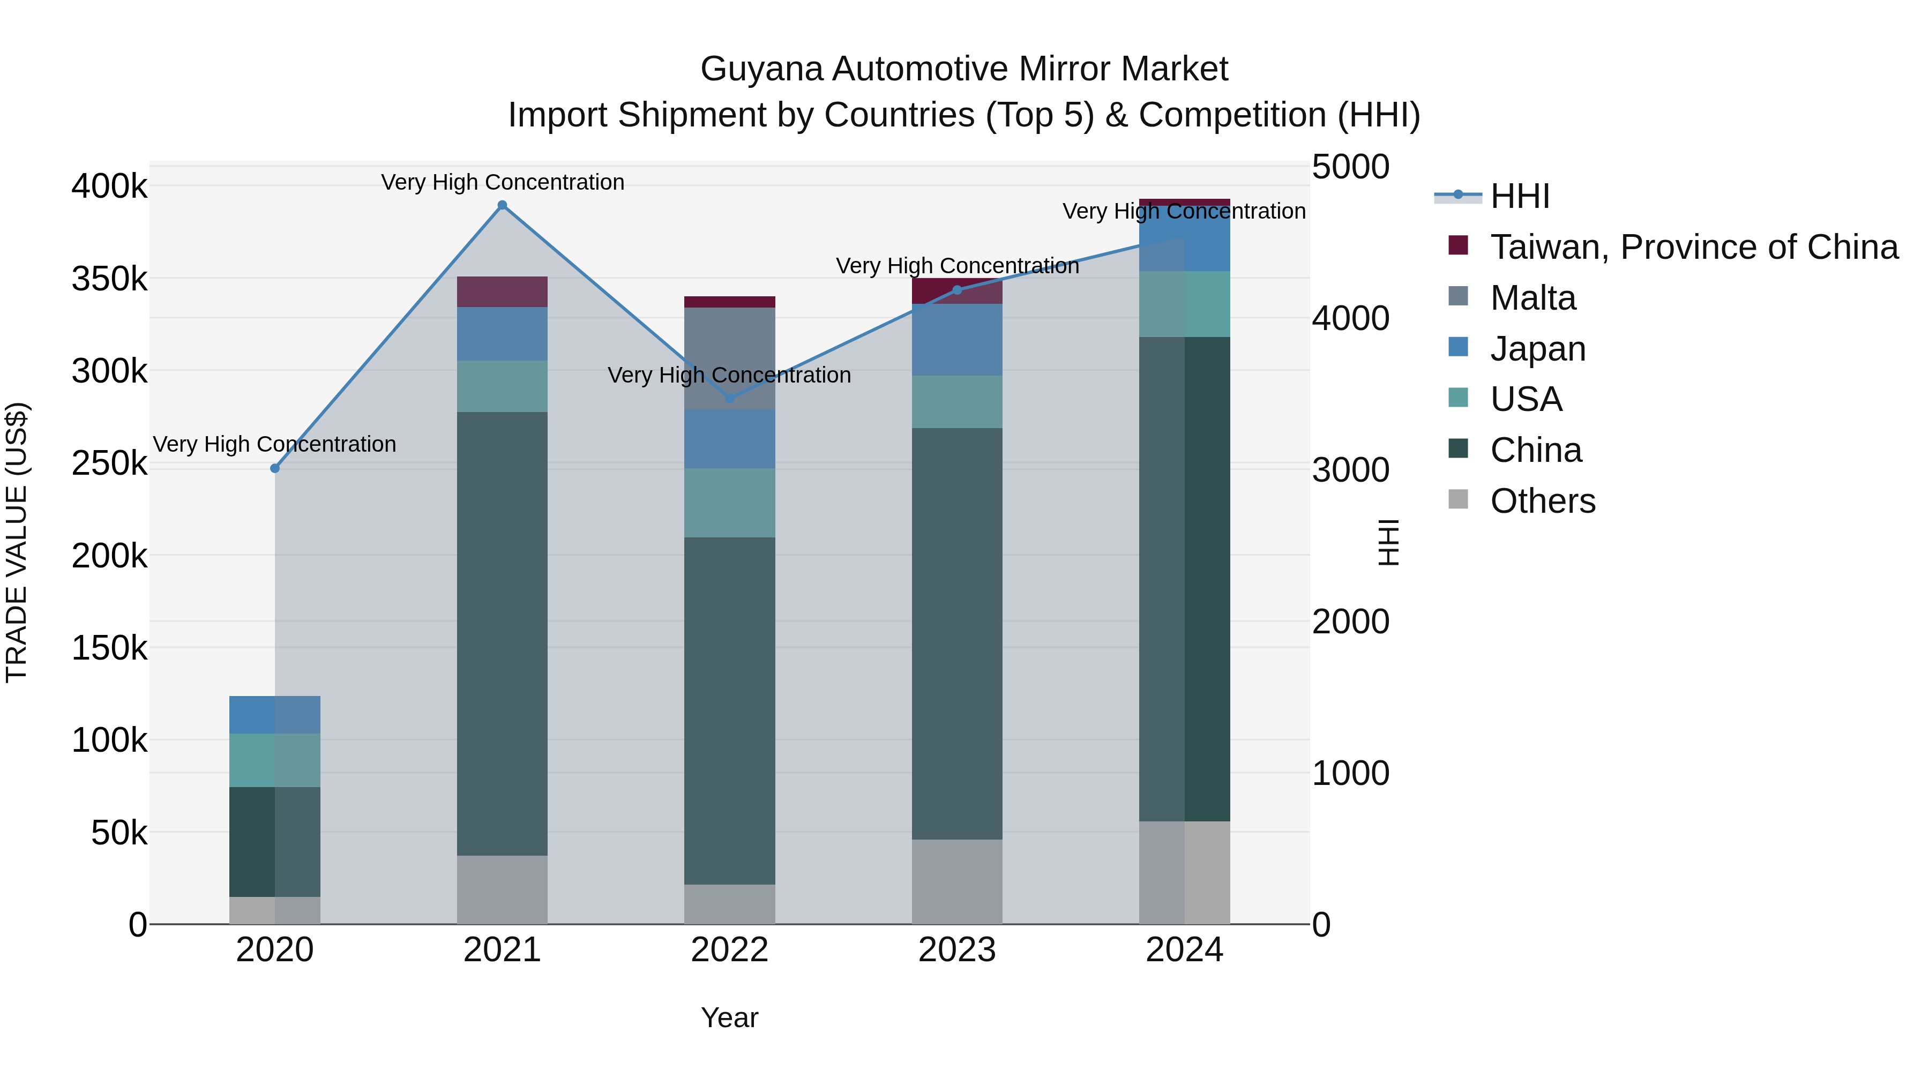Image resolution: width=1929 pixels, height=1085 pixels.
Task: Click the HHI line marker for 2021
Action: [x=503, y=205]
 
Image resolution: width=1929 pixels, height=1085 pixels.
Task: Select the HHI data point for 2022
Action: [x=730, y=398]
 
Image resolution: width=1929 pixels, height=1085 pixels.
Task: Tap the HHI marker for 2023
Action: [x=957, y=290]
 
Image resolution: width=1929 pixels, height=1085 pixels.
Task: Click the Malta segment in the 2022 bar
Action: [x=730, y=358]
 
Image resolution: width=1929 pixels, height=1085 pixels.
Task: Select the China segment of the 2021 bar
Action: [x=503, y=633]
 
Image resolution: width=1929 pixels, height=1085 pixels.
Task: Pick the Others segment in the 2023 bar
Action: [x=957, y=881]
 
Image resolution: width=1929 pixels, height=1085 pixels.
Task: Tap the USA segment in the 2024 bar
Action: [x=1185, y=303]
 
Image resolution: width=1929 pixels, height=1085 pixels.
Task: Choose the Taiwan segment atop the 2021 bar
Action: [x=503, y=291]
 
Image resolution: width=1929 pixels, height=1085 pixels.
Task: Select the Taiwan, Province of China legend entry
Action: [x=1693, y=247]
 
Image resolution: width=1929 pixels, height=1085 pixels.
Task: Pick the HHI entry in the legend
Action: [x=1520, y=196]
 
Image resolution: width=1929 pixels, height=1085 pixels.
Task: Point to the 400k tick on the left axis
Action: [x=109, y=186]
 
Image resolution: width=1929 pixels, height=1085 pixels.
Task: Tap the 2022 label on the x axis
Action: [x=730, y=950]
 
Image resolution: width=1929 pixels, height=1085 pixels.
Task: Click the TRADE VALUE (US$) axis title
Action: [x=17, y=542]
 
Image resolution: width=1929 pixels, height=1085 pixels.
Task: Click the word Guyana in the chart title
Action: [x=762, y=69]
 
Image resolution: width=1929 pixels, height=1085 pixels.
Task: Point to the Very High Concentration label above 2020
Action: [x=275, y=444]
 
